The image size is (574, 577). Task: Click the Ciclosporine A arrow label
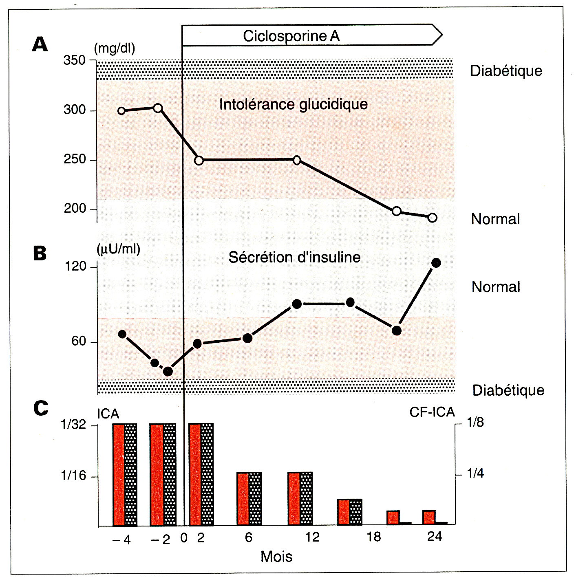tap(291, 36)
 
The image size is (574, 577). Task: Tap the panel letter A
tap(40, 44)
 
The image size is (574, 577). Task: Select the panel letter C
tap(41, 408)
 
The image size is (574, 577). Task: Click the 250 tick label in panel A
tap(75, 159)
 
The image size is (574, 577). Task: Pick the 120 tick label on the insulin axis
tap(76, 266)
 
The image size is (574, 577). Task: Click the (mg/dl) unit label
tap(114, 48)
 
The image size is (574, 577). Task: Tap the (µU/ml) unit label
tap(118, 249)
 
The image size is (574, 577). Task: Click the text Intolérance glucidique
tap(293, 104)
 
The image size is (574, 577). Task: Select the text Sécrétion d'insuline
tap(294, 257)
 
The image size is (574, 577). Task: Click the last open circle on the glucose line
tap(433, 218)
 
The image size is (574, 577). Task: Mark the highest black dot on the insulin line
tap(436, 263)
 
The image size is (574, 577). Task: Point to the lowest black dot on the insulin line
tap(168, 371)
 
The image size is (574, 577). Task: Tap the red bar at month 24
tap(429, 517)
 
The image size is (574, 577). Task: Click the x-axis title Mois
tap(276, 557)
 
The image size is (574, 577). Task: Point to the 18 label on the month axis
tap(373, 537)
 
